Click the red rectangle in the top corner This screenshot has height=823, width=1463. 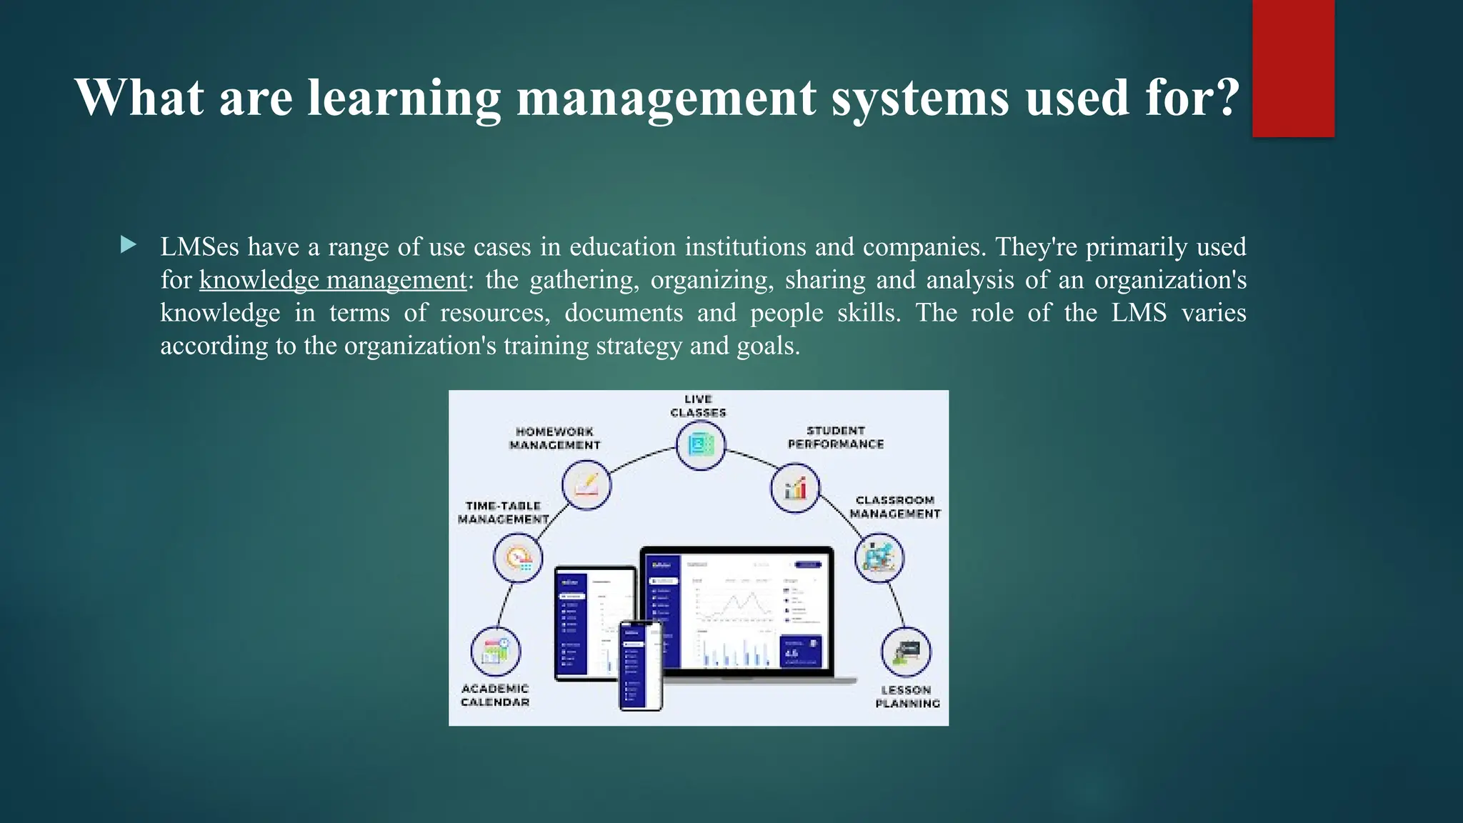pyautogui.click(x=1293, y=68)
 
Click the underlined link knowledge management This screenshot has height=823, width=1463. pyautogui.click(x=332, y=280)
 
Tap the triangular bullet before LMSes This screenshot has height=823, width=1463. pyautogui.click(x=129, y=246)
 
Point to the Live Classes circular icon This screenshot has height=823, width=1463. pyautogui.click(x=700, y=446)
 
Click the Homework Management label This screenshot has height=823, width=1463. pyautogui.click(x=554, y=438)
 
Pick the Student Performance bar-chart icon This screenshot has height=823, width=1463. pyautogui.click(x=794, y=488)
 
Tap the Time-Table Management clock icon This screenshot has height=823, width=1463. pyautogui.click(x=518, y=558)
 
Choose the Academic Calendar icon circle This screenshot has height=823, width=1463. pyautogui.click(x=495, y=651)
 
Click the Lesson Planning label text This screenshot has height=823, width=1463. pyautogui.click(x=907, y=697)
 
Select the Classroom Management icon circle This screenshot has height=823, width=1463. pyautogui.click(x=879, y=557)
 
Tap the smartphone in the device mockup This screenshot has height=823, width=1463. pyautogui.click(x=641, y=665)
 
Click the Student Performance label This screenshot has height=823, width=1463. pyautogui.click(x=835, y=437)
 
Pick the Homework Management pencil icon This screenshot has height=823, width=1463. pyautogui.click(x=586, y=485)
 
